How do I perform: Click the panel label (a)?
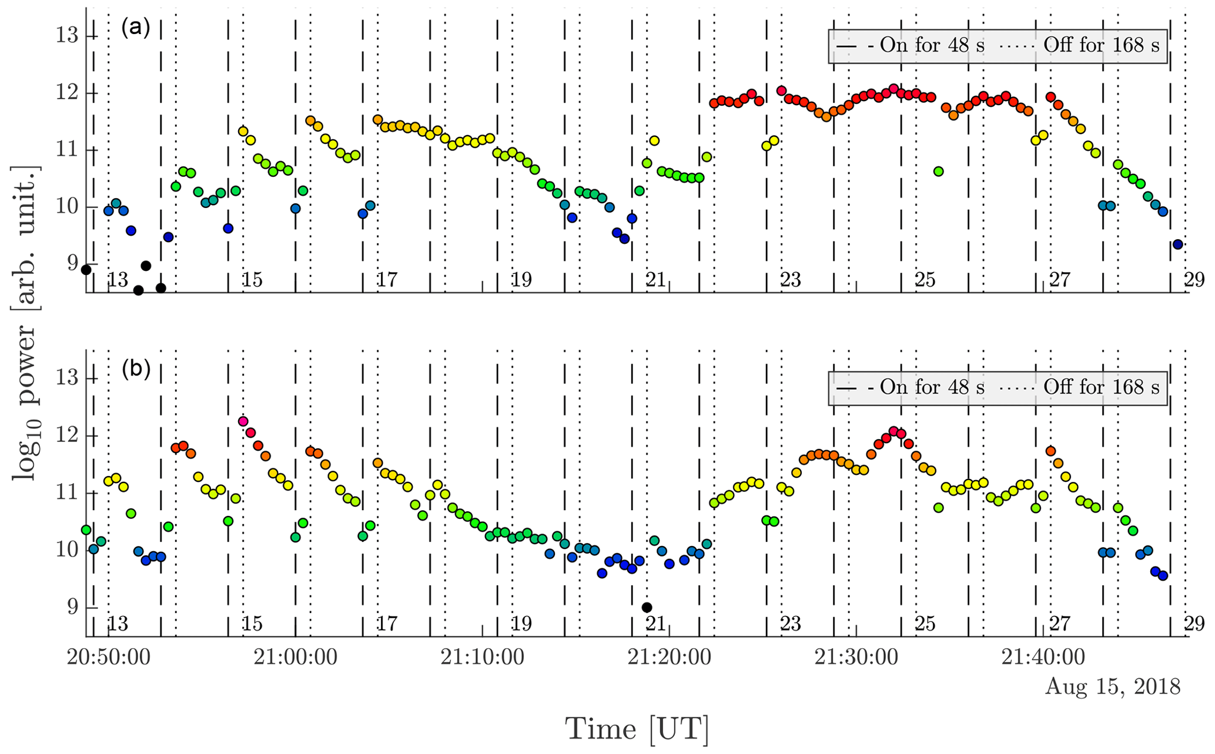(136, 28)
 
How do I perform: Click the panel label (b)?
(136, 369)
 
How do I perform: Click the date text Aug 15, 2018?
(1112, 686)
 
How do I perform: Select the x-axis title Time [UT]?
(637, 729)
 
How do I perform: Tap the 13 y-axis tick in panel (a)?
(67, 36)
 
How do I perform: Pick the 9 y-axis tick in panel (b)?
(73, 607)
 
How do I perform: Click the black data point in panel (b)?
(647, 608)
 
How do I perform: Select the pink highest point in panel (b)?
(243, 421)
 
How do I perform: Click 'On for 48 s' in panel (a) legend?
(931, 45)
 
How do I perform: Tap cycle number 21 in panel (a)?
(656, 280)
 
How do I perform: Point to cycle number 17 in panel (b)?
(387, 624)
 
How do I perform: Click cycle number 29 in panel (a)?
(1194, 280)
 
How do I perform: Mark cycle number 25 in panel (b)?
(925, 624)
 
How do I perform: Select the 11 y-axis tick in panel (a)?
(67, 150)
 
